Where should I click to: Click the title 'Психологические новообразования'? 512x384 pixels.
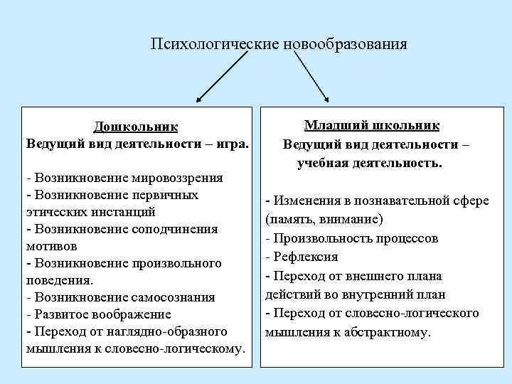pos(279,44)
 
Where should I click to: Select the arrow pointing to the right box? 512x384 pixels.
pos(311,78)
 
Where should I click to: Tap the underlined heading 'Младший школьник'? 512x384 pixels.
pos(371,126)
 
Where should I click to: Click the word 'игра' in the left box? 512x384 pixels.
pos(233,144)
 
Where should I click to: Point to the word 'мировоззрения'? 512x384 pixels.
pos(183,178)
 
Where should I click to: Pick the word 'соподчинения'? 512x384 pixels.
pos(174,229)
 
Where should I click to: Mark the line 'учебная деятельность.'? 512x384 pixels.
pos(370,162)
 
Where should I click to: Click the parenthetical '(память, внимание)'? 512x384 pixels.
pos(324,218)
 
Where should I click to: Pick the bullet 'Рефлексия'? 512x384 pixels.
pos(302,256)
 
